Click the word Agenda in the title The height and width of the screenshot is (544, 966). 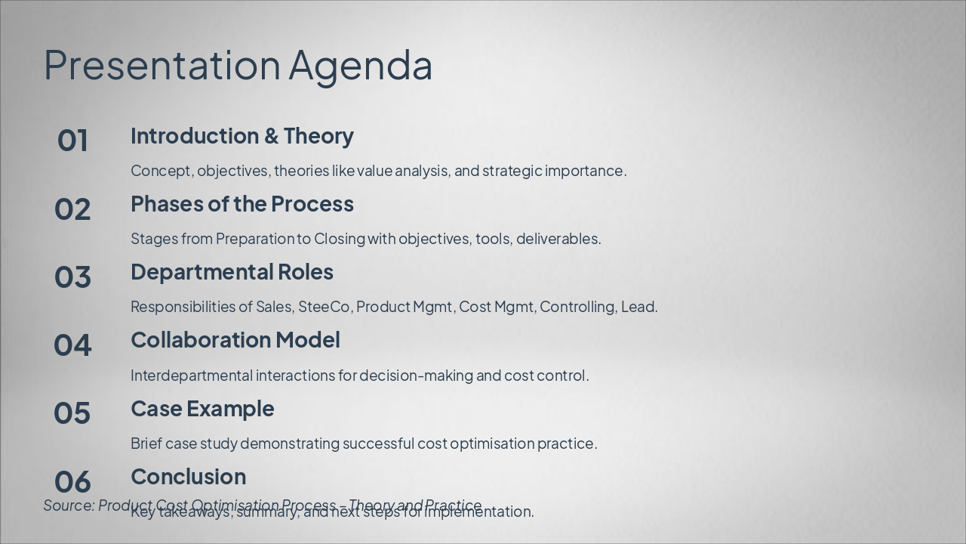point(360,65)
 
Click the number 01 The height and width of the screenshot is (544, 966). point(72,141)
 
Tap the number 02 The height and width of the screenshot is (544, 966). point(72,209)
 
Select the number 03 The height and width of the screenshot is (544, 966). point(72,277)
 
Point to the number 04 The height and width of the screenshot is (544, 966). point(72,345)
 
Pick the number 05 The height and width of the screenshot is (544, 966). point(72,413)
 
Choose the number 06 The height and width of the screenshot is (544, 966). point(72,481)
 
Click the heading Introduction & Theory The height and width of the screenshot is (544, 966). point(241,136)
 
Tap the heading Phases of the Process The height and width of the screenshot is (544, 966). point(241,204)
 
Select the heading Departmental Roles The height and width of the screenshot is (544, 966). point(232,272)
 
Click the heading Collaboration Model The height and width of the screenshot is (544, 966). point(235,340)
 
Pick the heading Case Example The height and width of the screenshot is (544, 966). point(202,409)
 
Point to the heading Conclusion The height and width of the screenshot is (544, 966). point(188,477)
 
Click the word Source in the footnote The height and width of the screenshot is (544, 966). point(69,505)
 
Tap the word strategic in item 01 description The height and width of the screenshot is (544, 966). point(512,171)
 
